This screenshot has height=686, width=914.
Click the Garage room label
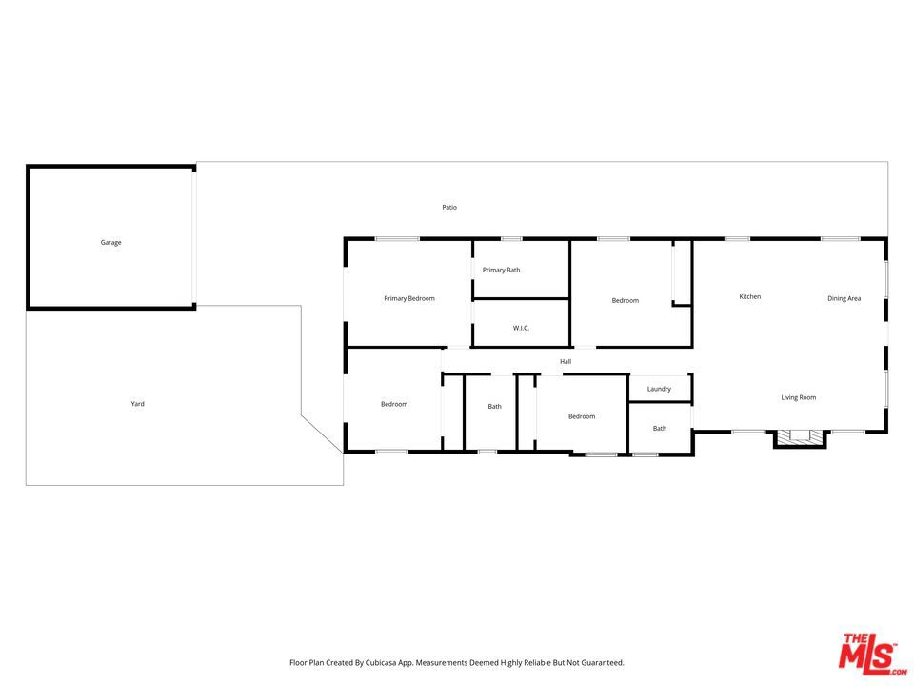coord(110,243)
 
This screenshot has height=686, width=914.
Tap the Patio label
coord(449,207)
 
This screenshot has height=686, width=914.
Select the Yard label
coord(137,404)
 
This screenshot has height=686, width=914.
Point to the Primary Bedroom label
coord(409,298)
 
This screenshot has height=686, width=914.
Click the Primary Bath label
coord(502,270)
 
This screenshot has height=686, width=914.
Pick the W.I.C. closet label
coord(521,328)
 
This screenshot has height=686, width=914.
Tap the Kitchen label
coord(750,297)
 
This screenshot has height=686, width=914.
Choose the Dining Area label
coord(844,298)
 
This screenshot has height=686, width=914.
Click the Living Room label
coord(799,398)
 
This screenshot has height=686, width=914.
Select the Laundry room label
coord(659,389)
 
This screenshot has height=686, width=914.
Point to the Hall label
coord(566,362)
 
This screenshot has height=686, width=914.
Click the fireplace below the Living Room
coord(800,438)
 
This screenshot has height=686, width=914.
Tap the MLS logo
coord(872,654)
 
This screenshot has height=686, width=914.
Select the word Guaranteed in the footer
coord(603,663)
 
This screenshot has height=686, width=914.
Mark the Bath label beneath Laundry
coord(660,428)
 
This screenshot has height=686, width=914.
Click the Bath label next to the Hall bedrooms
coord(495,407)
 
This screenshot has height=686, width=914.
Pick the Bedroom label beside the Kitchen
coord(626,301)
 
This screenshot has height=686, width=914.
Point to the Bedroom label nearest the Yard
coord(394,404)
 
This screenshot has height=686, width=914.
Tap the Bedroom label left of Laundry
coord(582,416)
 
